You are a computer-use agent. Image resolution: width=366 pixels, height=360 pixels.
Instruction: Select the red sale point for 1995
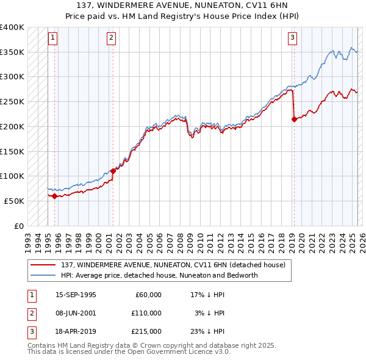54,196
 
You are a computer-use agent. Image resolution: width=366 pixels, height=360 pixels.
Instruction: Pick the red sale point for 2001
113,171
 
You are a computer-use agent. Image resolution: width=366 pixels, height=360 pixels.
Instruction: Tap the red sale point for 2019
294,120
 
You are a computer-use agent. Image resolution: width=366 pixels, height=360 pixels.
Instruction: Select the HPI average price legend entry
159,275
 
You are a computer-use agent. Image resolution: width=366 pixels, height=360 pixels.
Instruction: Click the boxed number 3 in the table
30,331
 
